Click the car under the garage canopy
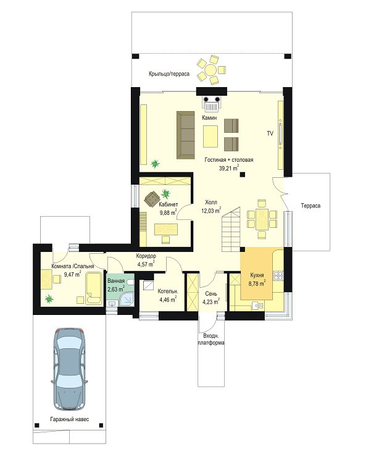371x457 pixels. [x=69, y=369]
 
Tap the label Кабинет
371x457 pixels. [x=168, y=204]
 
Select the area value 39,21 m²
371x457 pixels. [x=229, y=167]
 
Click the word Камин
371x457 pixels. [x=209, y=118]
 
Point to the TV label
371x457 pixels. [x=270, y=133]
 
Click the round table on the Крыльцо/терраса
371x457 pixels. [x=211, y=70]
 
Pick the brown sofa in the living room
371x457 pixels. [x=185, y=135]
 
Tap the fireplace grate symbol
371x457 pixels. [x=212, y=104]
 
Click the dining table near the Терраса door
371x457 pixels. [x=262, y=219]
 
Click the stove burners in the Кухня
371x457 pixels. [x=278, y=275]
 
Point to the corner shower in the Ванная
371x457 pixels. [x=127, y=299]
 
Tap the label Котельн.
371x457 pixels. [x=168, y=291]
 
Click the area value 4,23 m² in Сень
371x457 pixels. [x=211, y=301]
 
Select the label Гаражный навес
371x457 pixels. [x=70, y=419]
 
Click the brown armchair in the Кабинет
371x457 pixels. [x=152, y=199]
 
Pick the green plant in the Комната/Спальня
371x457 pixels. [x=49, y=299]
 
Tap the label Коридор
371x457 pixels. [x=146, y=256]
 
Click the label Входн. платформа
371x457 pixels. [x=211, y=339]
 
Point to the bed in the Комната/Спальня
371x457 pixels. [x=94, y=288]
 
